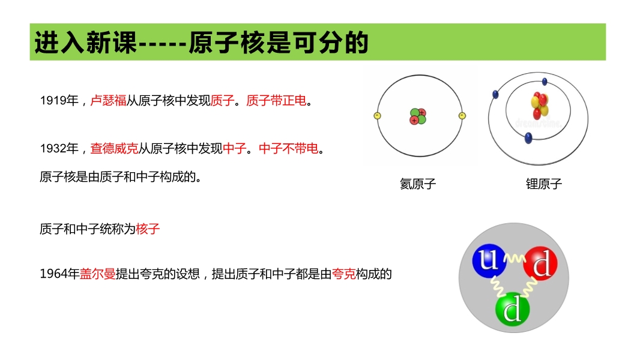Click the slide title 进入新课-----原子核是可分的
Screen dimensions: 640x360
tap(201, 42)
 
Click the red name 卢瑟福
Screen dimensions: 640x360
tap(108, 100)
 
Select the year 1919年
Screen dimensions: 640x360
tap(59, 100)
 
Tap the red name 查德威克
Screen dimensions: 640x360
tap(114, 148)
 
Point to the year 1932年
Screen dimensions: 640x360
tap(59, 148)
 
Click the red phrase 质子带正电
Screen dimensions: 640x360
tap(276, 100)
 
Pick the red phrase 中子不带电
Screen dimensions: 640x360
tap(289, 148)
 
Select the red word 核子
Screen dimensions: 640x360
tap(148, 229)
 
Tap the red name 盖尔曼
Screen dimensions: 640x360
tap(97, 274)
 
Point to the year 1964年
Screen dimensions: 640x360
tap(59, 274)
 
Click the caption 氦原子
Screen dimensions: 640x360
tap(418, 184)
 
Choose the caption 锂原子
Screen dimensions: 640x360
tap(544, 184)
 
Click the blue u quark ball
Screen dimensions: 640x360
tap(489, 260)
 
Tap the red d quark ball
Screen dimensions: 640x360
tap(540, 263)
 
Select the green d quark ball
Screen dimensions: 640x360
tap(513, 310)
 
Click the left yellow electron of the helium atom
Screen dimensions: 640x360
tap(377, 116)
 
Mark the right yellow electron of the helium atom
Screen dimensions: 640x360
tap(462, 116)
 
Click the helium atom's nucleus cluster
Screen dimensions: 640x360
tap(418, 116)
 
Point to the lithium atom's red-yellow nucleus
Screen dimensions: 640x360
tap(540, 105)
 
